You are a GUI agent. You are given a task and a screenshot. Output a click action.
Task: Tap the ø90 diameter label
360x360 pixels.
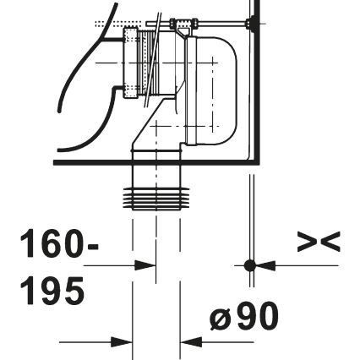click(x=243, y=317)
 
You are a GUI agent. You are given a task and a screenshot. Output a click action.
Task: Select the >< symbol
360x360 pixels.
click(x=319, y=243)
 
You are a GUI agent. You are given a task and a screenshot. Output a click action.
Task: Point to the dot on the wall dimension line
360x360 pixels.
click(x=249, y=265)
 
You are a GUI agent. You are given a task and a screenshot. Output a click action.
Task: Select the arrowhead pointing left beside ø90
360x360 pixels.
click(x=193, y=342)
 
